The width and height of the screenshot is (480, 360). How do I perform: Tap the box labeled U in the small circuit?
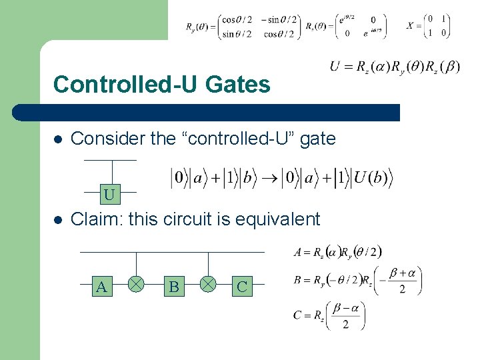point(109,195)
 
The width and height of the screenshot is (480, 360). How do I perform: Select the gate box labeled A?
point(102,287)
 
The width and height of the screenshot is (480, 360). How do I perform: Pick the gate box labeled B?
point(174,287)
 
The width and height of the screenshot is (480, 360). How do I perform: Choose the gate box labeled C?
point(242,287)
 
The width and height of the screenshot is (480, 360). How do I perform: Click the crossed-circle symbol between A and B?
point(136,285)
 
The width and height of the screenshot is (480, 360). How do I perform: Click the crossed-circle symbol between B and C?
point(208,285)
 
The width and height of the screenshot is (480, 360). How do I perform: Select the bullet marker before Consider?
point(58,139)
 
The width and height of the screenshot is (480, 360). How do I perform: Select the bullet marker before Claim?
point(58,219)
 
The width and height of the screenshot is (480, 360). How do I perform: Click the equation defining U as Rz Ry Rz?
point(395,67)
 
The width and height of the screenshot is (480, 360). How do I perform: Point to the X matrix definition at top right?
point(428,26)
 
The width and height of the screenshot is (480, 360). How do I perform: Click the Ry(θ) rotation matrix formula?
point(242,27)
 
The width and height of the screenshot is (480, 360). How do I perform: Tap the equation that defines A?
point(338,252)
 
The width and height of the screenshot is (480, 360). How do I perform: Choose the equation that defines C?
point(329,315)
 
